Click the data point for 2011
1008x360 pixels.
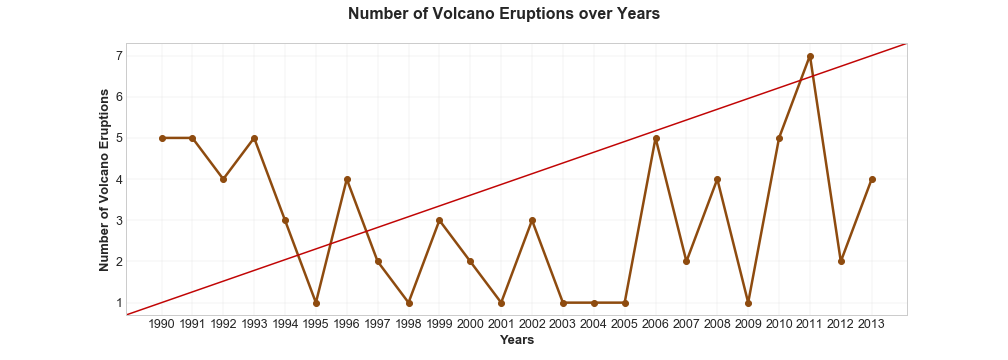coord(810,56)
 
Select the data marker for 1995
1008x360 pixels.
coord(316,303)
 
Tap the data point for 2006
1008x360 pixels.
coord(656,138)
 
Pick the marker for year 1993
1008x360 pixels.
coord(254,138)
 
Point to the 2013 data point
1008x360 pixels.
coord(872,179)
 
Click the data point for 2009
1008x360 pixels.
coord(748,303)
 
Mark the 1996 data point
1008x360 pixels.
coord(347,179)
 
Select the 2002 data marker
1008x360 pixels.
coord(532,220)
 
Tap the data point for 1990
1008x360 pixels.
coord(162,138)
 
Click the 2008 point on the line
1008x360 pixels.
coord(717,179)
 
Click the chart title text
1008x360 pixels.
coord(504,14)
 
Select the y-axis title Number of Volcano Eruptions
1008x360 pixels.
coord(104,180)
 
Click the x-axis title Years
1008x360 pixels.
coord(517,341)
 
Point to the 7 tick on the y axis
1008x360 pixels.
coord(118,56)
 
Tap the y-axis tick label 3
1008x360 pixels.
coord(118,220)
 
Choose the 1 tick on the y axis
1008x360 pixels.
coord(118,303)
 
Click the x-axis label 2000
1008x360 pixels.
coord(470,324)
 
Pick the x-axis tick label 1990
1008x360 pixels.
coord(162,324)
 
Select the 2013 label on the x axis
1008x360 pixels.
coord(872,324)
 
